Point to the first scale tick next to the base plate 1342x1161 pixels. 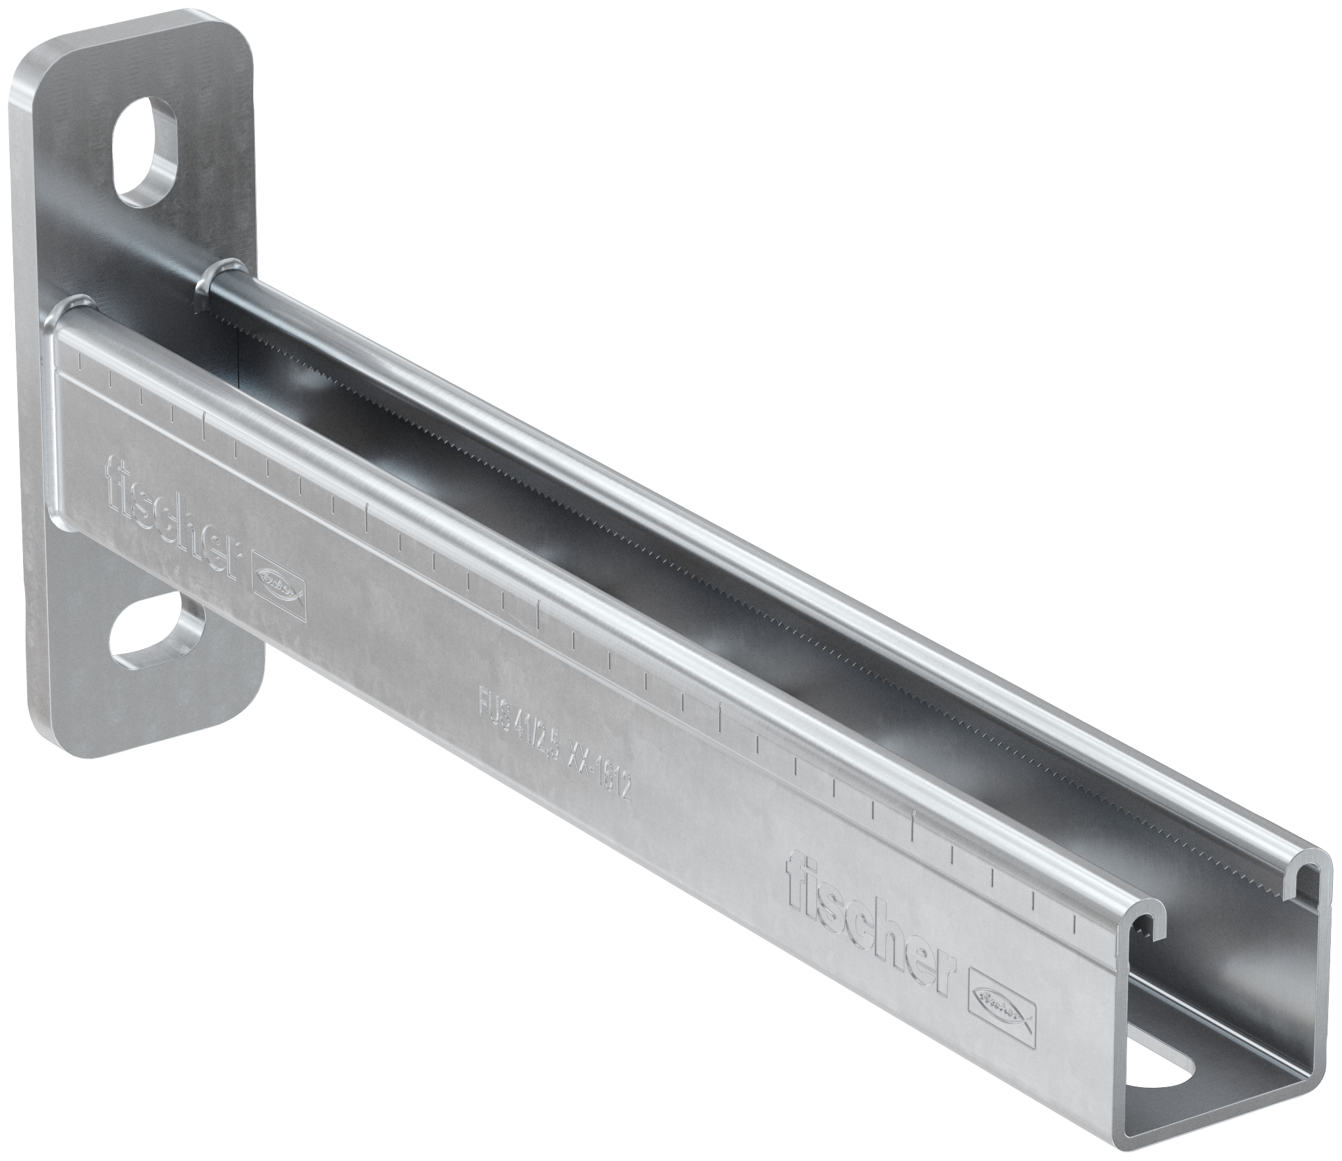(78, 361)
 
